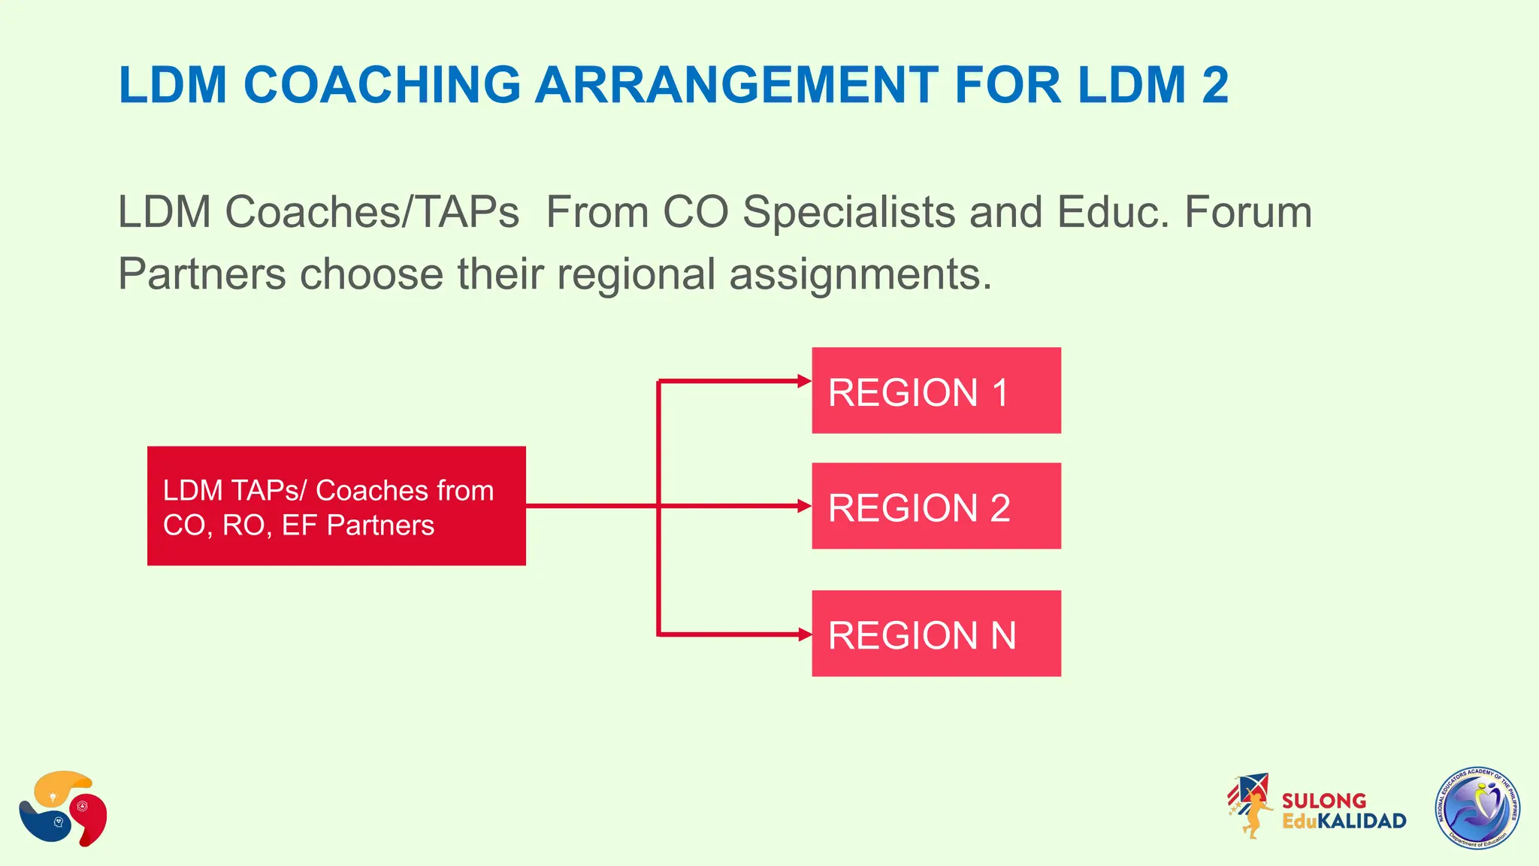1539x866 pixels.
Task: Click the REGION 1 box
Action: coord(936,390)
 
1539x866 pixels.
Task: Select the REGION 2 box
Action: coord(936,506)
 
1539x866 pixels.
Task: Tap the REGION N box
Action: coord(936,633)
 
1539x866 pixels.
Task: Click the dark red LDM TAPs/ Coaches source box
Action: coord(336,506)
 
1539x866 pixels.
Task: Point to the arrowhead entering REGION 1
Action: coord(804,381)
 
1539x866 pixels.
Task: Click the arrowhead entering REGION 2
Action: coord(804,506)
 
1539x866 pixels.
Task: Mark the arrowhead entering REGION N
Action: coord(804,634)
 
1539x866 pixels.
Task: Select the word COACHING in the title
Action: coord(382,84)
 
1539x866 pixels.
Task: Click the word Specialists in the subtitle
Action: coord(849,213)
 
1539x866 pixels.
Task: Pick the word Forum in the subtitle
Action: coord(1247,212)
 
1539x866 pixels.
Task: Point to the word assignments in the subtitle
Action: coord(860,274)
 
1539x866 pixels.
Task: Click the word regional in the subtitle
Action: coord(636,274)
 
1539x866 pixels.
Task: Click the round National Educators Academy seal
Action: coord(1478,808)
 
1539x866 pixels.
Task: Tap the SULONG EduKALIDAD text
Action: coord(1343,811)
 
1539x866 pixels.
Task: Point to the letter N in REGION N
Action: coord(1003,636)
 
